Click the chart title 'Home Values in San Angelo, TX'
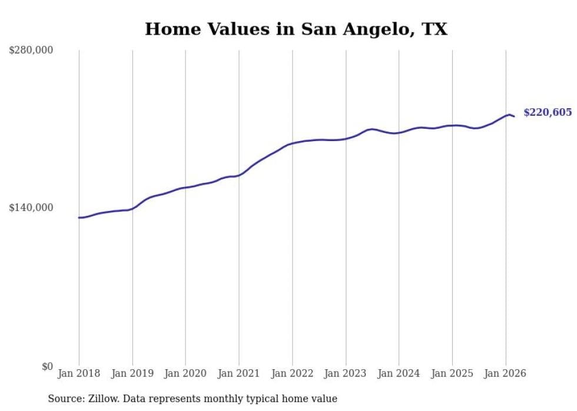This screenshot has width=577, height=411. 296,29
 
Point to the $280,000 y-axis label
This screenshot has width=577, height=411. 31,51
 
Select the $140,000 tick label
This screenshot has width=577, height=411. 31,208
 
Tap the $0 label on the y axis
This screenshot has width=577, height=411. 47,366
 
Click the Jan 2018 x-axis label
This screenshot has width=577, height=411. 79,373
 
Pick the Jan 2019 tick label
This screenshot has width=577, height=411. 132,373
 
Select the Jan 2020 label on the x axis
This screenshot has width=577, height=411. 185,373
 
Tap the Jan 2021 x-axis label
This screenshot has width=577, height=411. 239,373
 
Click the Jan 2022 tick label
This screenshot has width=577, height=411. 292,373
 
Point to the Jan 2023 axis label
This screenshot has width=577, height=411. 346,373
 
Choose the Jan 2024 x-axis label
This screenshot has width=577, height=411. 399,373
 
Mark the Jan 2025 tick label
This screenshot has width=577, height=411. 452,373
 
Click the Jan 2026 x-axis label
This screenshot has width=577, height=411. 505,373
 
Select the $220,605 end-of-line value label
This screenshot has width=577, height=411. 548,112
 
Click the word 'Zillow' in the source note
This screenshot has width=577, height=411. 100,399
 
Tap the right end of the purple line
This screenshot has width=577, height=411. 514,116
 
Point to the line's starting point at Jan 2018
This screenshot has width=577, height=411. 79,218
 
